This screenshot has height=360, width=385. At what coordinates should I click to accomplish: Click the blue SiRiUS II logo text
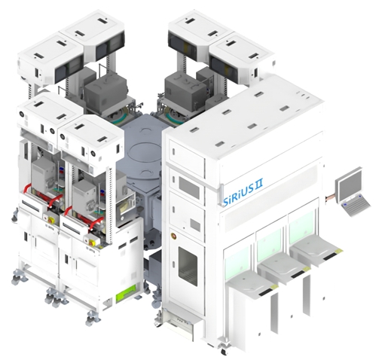[243, 194]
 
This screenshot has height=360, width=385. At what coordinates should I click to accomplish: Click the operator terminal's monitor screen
[350, 185]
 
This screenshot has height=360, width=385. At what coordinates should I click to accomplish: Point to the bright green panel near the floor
[126, 293]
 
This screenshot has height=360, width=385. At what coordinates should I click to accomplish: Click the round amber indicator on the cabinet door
[173, 235]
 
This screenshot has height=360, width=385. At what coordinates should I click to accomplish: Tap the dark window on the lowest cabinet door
[188, 266]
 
